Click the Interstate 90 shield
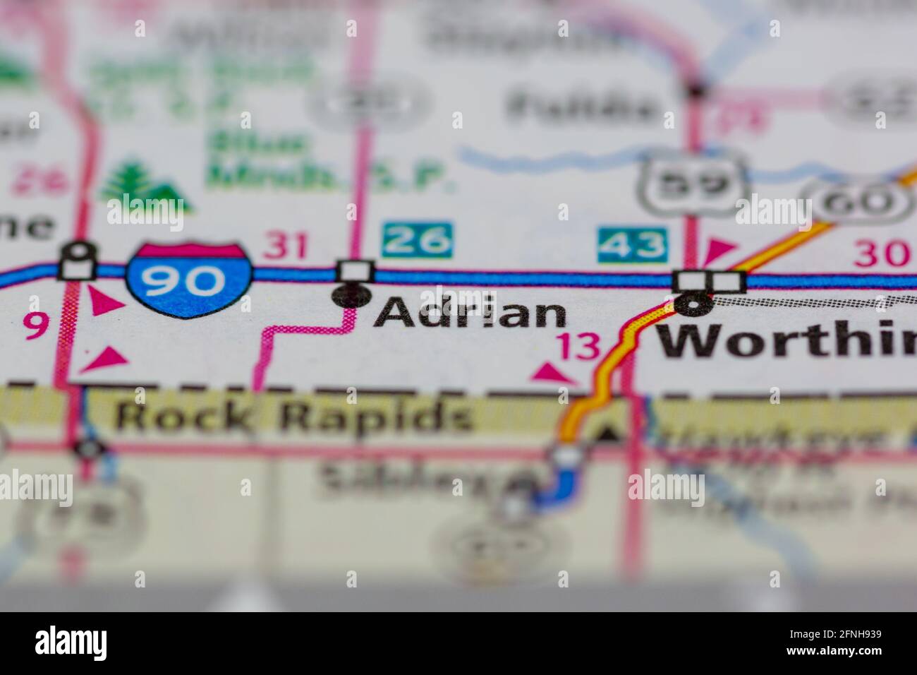pos(189,280)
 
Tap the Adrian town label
pos(470,313)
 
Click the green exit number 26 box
pos(418,241)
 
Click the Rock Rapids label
pos(293,417)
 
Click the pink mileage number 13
pos(578,346)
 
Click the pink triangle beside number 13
pos(550,373)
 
